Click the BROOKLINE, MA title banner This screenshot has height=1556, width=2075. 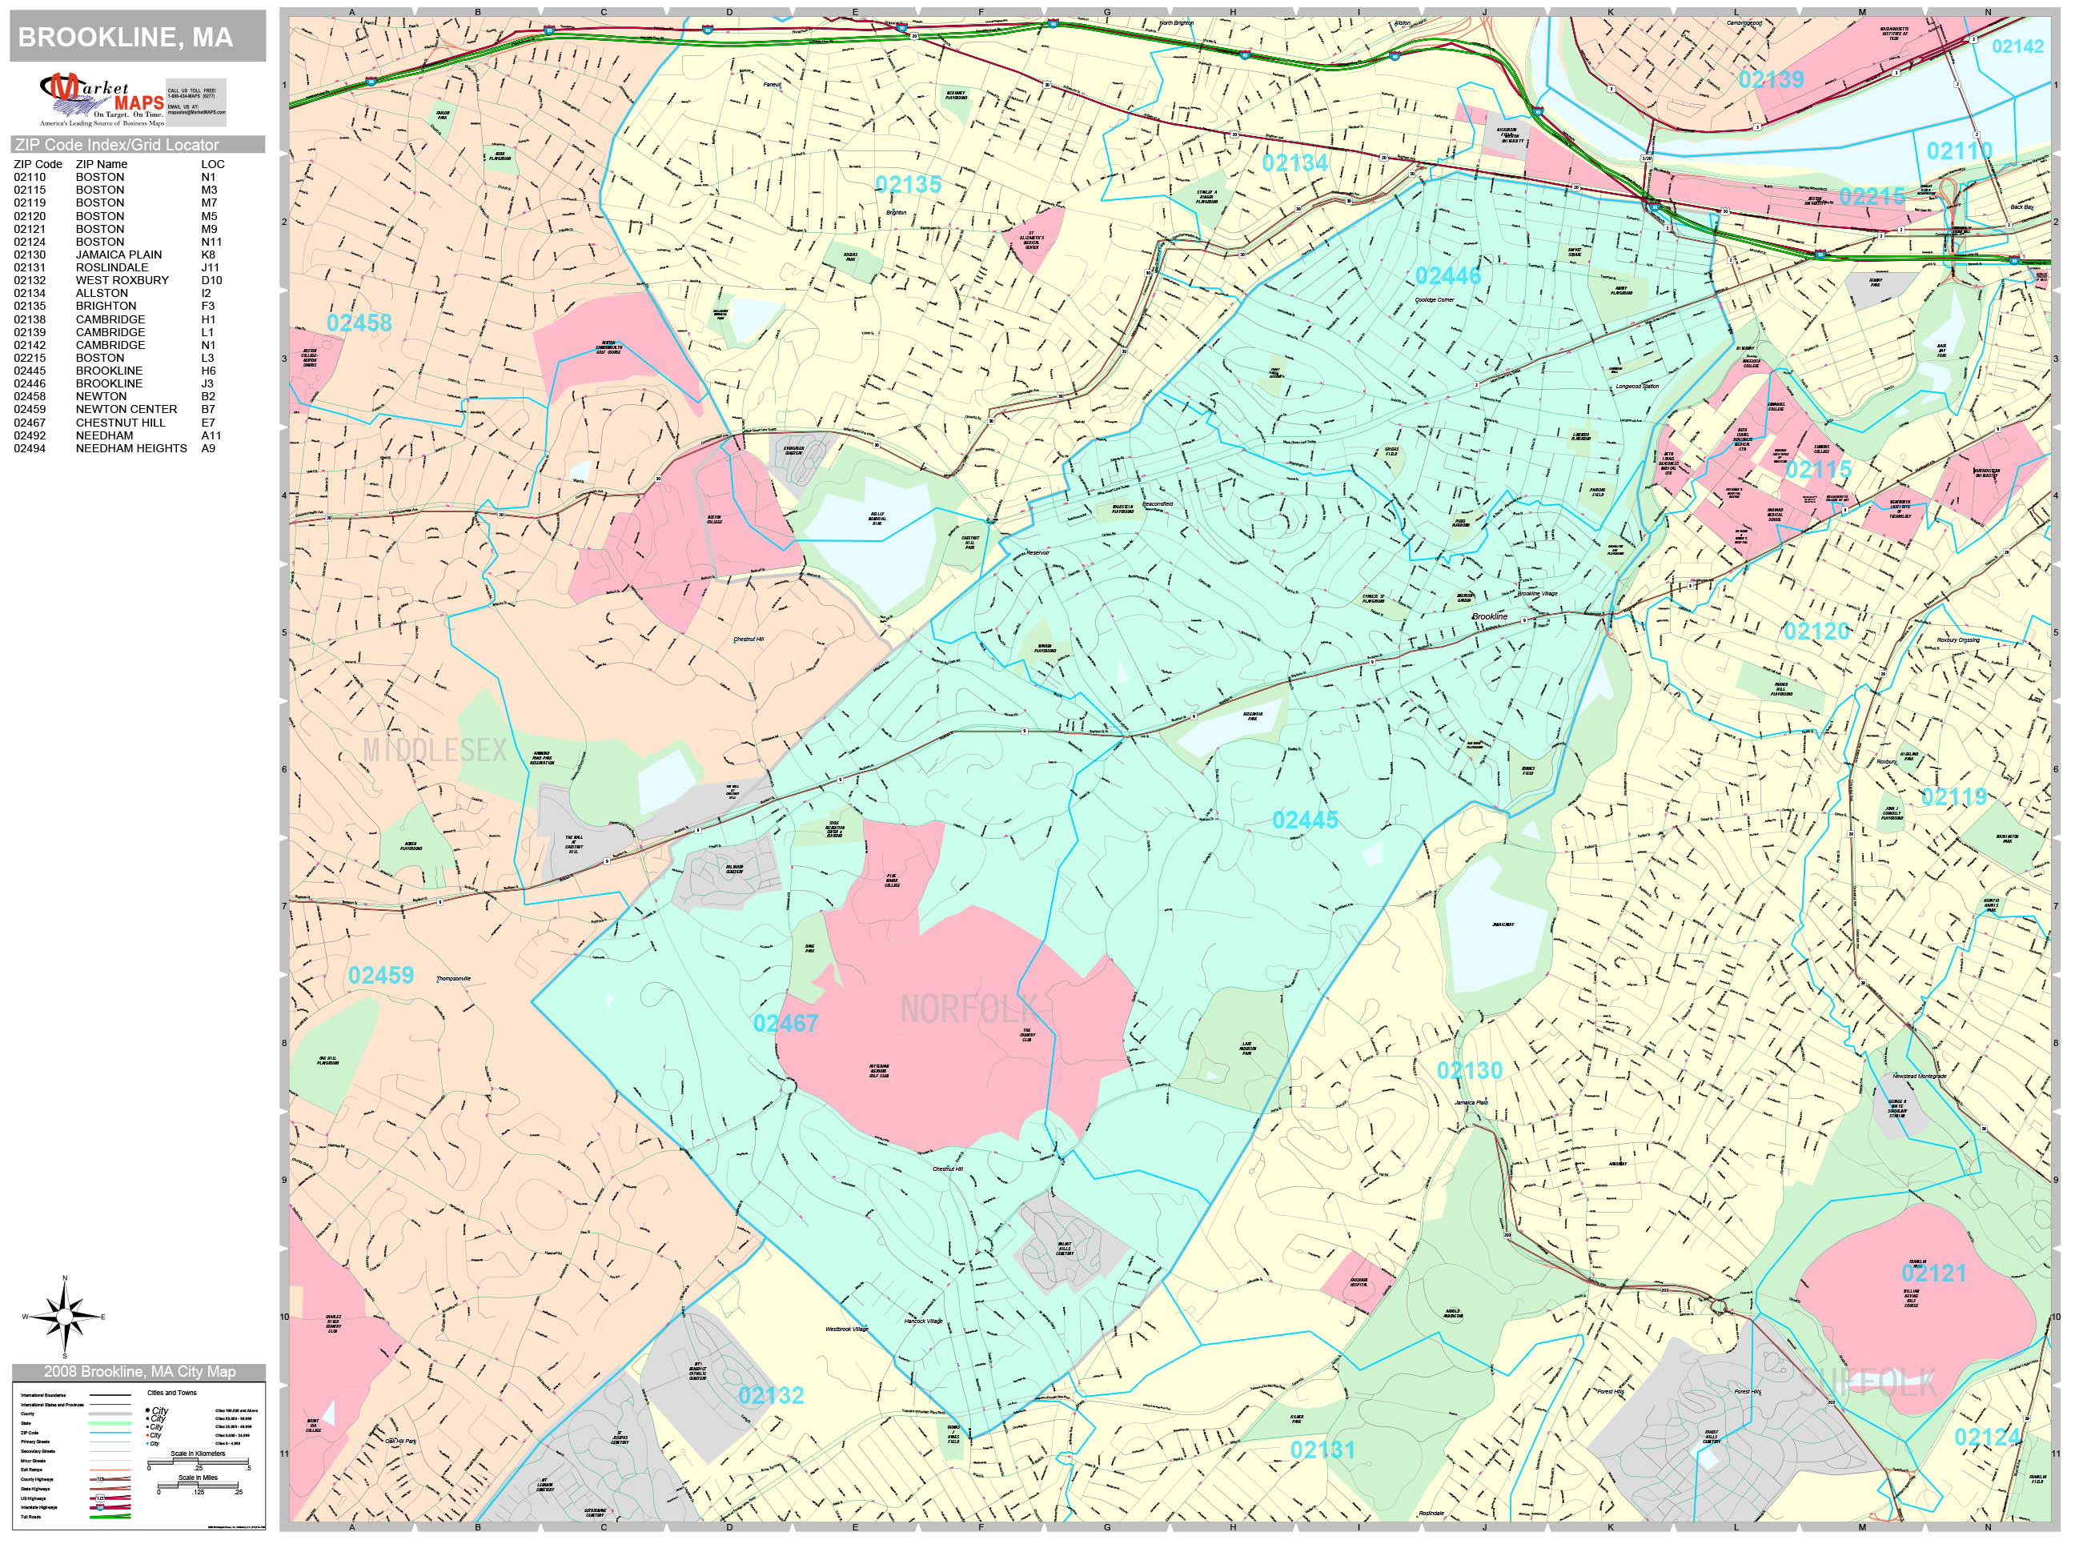[137, 37]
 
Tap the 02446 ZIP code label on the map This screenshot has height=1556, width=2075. [1448, 276]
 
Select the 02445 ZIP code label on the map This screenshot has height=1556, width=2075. [1305, 820]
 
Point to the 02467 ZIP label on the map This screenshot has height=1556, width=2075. [785, 1023]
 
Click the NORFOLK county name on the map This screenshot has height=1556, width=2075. [968, 1009]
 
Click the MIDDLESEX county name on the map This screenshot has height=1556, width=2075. [435, 749]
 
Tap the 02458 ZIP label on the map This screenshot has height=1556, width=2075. [359, 323]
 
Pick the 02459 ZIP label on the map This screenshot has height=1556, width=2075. [381, 976]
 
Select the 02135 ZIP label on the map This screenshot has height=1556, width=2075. [908, 185]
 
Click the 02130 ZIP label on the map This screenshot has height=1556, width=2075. [1470, 1070]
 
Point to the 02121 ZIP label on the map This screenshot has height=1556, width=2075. [1933, 1273]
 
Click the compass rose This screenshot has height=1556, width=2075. [65, 1317]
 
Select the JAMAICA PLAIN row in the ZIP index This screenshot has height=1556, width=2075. [118, 255]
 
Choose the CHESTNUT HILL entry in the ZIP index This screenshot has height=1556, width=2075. [120, 422]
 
